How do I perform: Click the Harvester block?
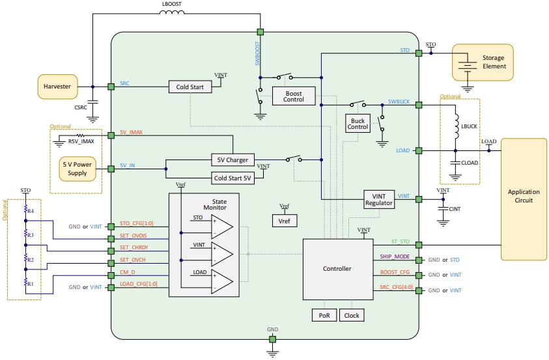click(57, 86)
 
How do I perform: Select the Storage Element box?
click(483, 62)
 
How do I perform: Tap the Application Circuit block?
click(524, 196)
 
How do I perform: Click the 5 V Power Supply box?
click(77, 169)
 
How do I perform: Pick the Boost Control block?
click(293, 96)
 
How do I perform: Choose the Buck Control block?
click(358, 123)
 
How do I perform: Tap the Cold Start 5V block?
click(233, 177)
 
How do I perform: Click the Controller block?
click(337, 268)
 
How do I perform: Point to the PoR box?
click(324, 315)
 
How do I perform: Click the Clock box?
click(351, 315)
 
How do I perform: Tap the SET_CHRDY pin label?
click(134, 247)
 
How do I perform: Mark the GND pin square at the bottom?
click(272, 339)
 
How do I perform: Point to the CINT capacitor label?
click(455, 209)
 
